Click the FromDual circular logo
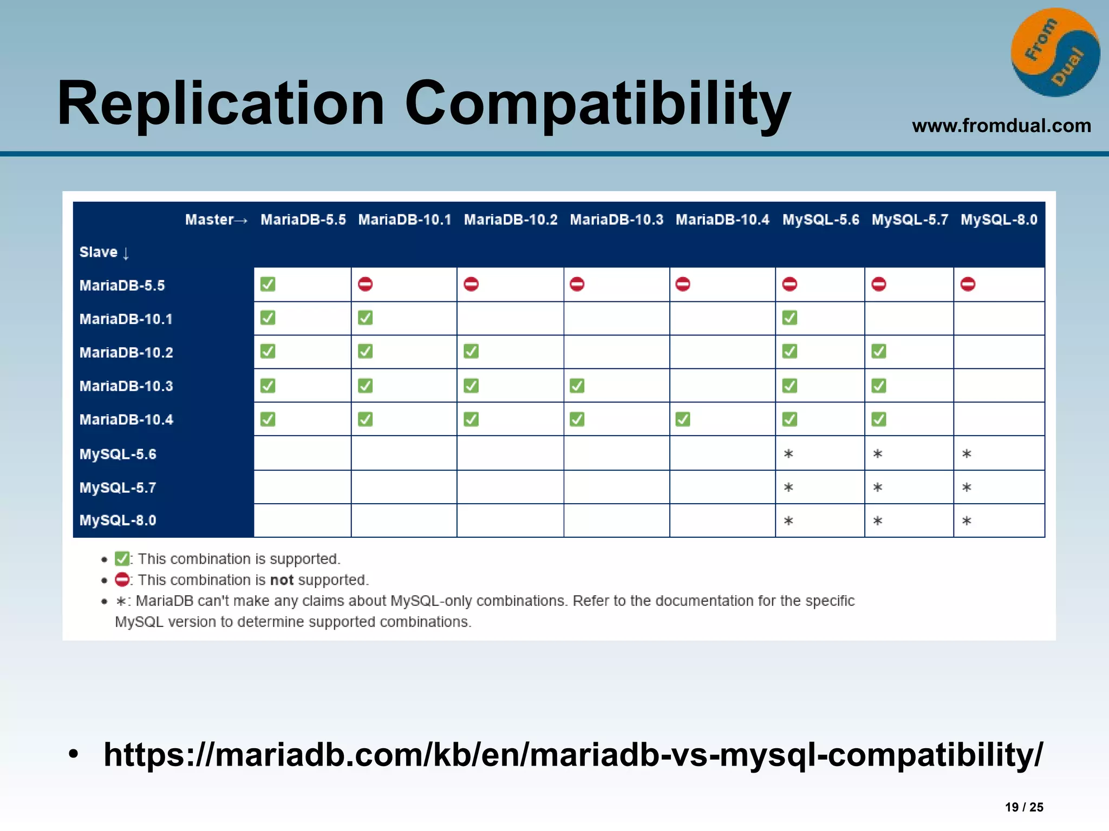1055,52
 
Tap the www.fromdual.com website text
1001,126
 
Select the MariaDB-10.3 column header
616,220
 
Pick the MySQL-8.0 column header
999,220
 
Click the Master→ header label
216,220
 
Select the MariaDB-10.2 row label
126,353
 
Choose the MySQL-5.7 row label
118,487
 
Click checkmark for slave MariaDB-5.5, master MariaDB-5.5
268,284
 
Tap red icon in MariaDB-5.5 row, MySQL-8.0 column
968,284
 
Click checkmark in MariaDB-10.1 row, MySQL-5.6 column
790,318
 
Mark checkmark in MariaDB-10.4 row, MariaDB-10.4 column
683,419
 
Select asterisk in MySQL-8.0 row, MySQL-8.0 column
967,521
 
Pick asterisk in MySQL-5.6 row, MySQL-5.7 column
878,454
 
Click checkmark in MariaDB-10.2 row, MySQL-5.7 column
878,352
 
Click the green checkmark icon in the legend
122,558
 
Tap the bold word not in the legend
282,580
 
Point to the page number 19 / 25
1024,807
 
